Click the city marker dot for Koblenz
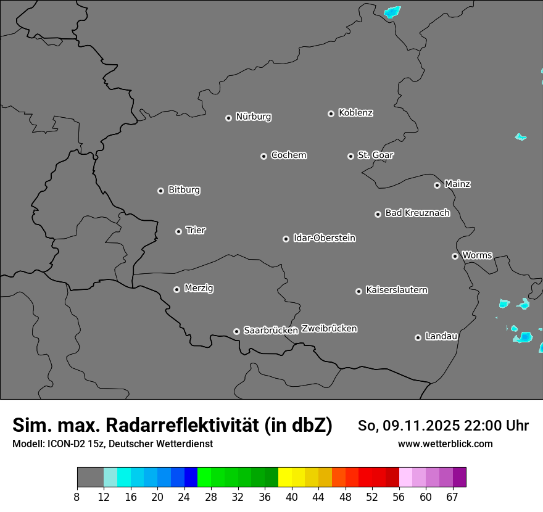pos(331,114)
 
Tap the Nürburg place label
pos(253,117)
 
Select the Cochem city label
pos(289,155)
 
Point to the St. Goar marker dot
pos(350,156)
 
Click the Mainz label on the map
pos(457,184)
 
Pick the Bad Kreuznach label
pos(417,213)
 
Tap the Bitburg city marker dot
pos(160,191)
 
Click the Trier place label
pos(196,230)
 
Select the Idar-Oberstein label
pos(324,237)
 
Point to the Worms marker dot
pos(455,256)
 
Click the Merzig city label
pos(199,288)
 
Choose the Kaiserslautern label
pos(397,290)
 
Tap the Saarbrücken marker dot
pos(236,331)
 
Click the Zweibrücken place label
pos(329,329)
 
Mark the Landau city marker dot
pos(418,337)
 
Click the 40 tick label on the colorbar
pos(292,497)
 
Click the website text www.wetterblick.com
pos(446,444)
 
